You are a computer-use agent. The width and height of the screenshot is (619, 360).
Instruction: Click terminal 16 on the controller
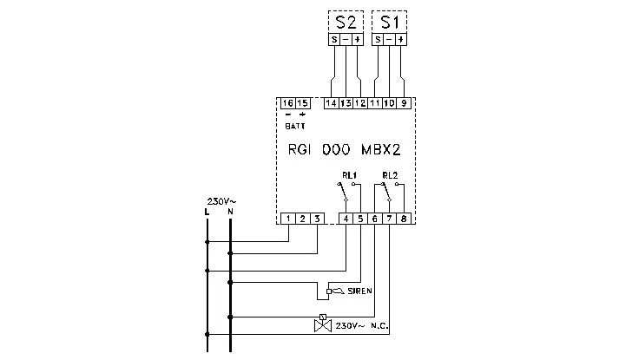coord(288,103)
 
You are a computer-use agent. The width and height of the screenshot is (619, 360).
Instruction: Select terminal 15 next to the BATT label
coord(302,103)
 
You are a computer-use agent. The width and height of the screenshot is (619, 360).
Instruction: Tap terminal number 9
coord(404,103)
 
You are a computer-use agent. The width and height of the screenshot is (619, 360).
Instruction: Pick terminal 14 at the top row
coord(332,103)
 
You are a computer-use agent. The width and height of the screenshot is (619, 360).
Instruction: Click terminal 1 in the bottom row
coord(288,219)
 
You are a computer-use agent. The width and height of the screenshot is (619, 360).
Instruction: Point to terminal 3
coord(317,219)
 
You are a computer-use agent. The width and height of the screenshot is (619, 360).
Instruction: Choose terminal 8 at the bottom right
coord(404,219)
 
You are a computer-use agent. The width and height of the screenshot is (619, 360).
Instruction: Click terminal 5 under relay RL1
coord(360,219)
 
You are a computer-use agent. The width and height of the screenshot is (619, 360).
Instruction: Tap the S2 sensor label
coord(346,23)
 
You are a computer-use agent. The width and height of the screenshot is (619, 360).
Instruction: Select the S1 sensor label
coord(390,23)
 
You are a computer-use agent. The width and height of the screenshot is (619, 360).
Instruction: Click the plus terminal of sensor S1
coord(401,39)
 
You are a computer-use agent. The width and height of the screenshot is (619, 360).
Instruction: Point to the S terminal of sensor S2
coord(334,39)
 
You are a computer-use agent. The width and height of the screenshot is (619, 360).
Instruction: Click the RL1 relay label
coord(349,175)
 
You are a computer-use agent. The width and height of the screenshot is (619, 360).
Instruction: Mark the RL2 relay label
coord(390,175)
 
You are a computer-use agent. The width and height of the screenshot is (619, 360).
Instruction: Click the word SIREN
coord(359,291)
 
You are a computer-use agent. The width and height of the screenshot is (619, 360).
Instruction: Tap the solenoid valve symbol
coord(323,324)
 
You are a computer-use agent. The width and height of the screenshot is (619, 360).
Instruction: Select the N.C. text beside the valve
coord(379,326)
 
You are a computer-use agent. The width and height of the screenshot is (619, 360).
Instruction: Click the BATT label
coord(295,126)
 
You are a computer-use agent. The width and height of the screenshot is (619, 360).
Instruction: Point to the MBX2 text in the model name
coord(381,150)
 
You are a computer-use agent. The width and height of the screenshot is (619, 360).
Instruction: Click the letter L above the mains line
coord(207,213)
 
